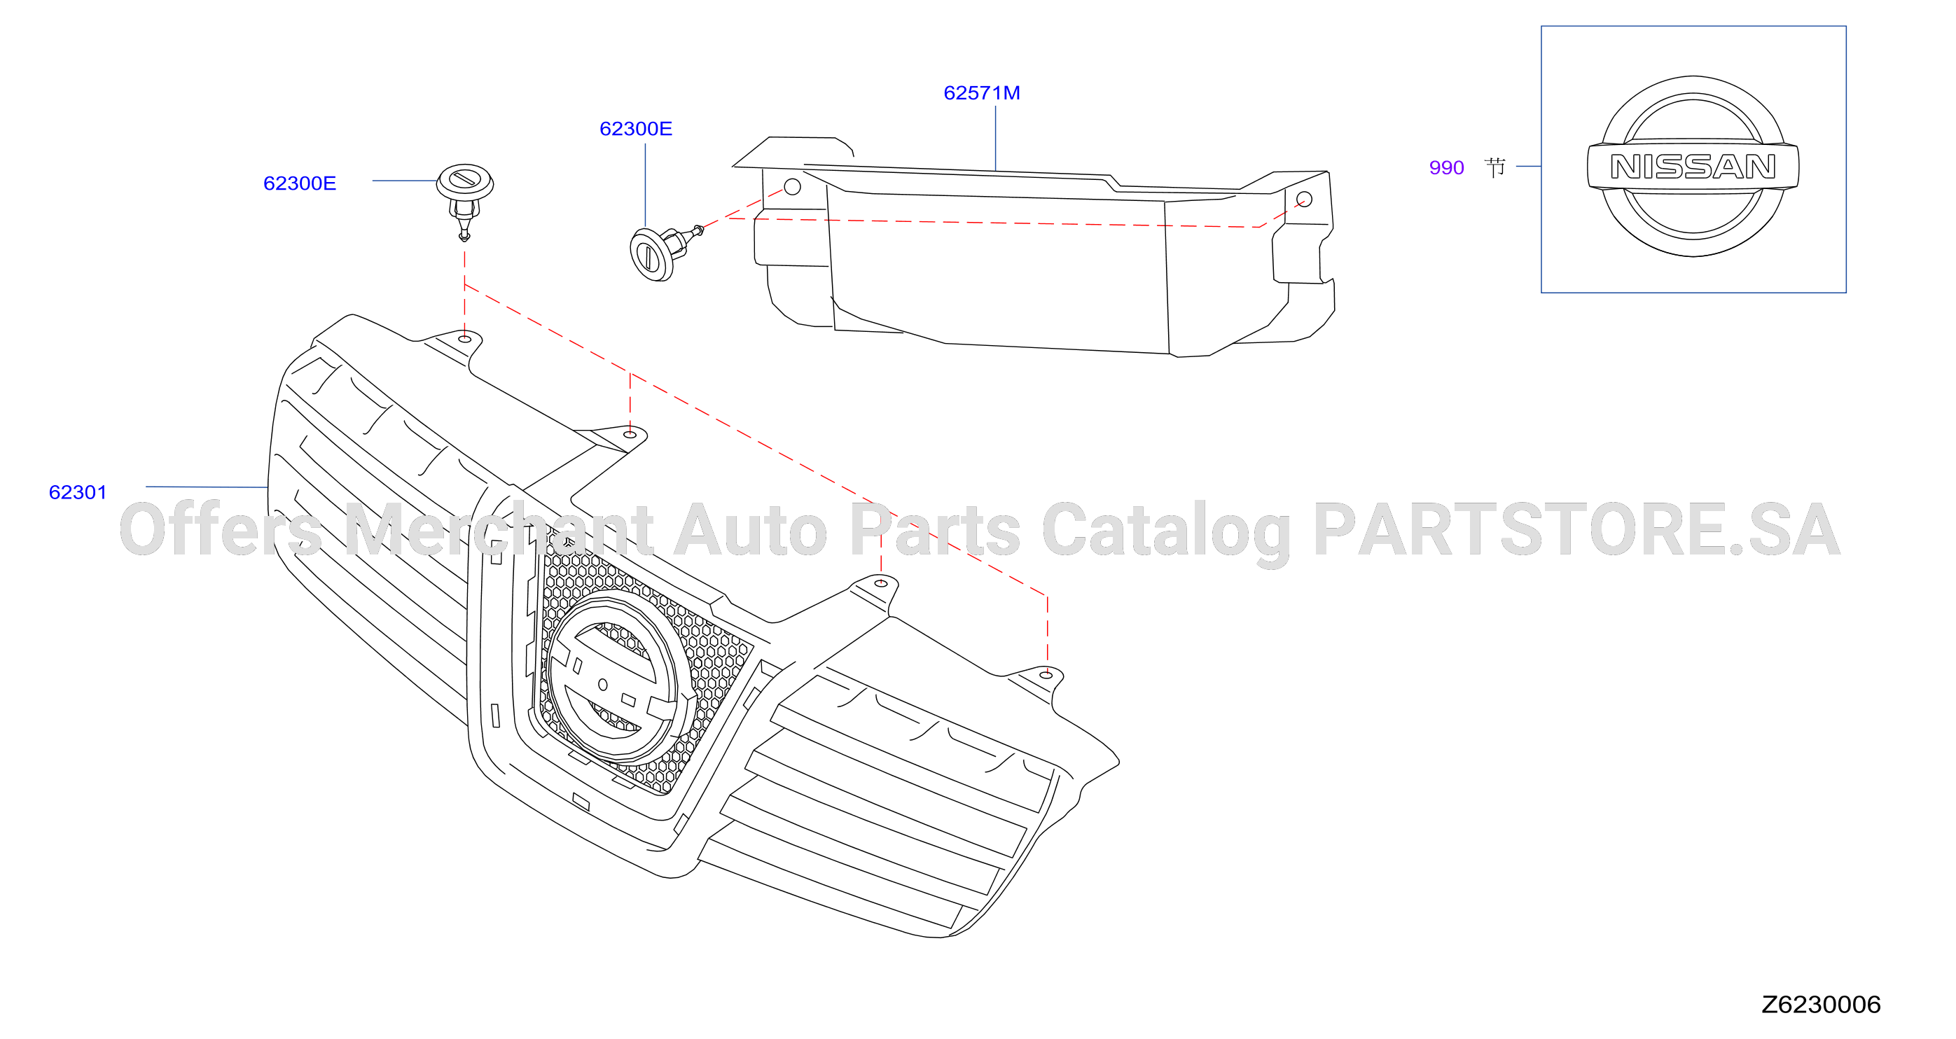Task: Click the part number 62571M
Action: coord(982,92)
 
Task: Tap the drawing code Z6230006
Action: coord(1821,1004)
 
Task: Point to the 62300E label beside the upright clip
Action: coord(300,183)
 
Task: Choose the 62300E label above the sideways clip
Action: coord(637,128)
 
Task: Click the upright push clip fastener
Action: coord(465,200)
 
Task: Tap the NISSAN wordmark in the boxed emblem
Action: coord(1693,166)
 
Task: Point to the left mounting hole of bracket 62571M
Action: coord(792,187)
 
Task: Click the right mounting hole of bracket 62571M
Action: coord(1305,199)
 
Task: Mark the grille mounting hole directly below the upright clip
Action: coord(465,338)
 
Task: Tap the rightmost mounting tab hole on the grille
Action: coord(1046,675)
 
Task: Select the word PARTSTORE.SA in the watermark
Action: coord(1576,529)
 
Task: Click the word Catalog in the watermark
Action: coord(1165,531)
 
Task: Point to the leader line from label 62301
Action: coord(207,487)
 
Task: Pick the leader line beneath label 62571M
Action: coord(995,138)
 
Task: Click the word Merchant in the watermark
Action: coord(498,529)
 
